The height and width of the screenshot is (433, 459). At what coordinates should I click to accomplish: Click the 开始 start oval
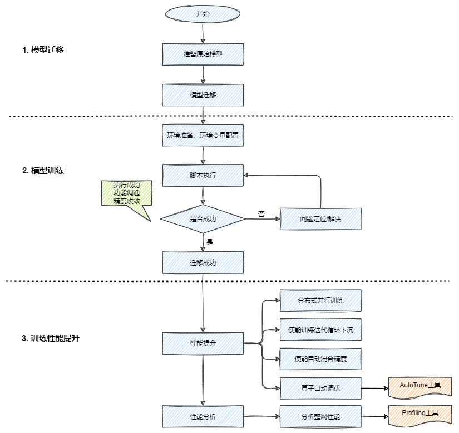coord(203,14)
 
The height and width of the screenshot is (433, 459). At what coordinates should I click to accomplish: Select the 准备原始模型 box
coord(203,54)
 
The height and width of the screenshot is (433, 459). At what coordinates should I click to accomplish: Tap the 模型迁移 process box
coord(203,94)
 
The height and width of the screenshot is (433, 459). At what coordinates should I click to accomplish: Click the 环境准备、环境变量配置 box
coord(203,135)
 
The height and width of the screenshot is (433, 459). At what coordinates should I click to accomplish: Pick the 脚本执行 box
coord(203,175)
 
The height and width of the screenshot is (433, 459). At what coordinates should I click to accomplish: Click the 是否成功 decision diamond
coord(203,218)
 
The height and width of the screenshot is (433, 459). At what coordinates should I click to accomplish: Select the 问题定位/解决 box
coord(320,218)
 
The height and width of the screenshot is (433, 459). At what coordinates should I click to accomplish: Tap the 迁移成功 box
coord(203,262)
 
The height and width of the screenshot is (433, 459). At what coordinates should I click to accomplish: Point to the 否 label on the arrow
coord(261,213)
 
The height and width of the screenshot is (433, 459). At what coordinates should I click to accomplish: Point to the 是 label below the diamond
coord(210,242)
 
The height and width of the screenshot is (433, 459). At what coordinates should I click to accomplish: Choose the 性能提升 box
coord(203,344)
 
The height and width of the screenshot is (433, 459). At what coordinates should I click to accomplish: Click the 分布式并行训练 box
coord(320,301)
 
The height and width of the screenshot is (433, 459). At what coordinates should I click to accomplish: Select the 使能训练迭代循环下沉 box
coord(320,330)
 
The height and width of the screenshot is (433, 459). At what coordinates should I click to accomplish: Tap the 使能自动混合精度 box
coord(320,359)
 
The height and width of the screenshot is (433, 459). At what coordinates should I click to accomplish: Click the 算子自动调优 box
coord(320,388)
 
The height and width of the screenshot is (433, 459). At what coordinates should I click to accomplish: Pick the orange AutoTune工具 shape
coord(420,385)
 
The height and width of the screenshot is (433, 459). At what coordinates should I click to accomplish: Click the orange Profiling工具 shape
coord(420,414)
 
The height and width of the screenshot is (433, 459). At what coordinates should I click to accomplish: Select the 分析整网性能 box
coord(320,416)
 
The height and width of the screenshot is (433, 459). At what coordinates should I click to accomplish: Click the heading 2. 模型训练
coord(43,171)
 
